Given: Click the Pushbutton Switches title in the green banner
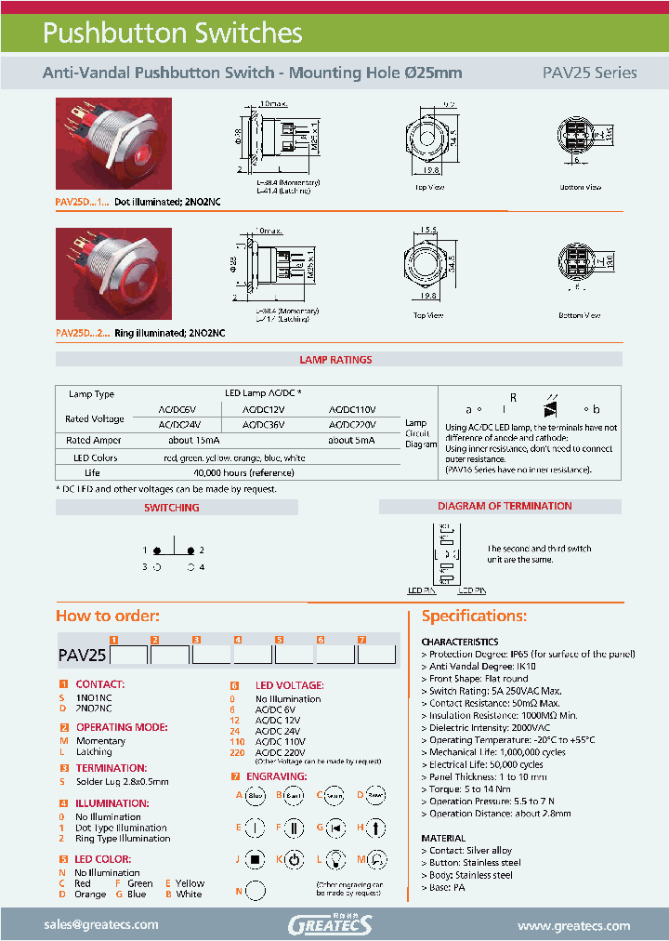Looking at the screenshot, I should click(x=173, y=33).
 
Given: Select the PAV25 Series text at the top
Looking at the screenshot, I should click(x=589, y=73).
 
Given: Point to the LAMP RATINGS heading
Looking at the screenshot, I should click(x=335, y=360).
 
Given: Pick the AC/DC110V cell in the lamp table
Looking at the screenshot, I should click(x=352, y=409).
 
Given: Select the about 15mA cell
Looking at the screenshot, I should click(x=194, y=440).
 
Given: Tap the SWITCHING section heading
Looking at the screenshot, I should click(x=171, y=508).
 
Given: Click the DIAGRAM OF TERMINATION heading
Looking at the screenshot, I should click(x=505, y=506).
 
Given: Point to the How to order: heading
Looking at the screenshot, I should click(x=108, y=616).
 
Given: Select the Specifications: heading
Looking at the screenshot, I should click(x=474, y=616).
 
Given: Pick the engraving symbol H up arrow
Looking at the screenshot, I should click(x=375, y=827).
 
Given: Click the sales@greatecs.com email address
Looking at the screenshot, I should click(x=101, y=925).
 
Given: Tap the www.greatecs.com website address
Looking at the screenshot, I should click(x=573, y=926).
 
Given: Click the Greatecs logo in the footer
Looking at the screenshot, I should click(x=330, y=924).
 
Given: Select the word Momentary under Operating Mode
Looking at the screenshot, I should click(x=100, y=741).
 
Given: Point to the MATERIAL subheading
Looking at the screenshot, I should click(x=443, y=838).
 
